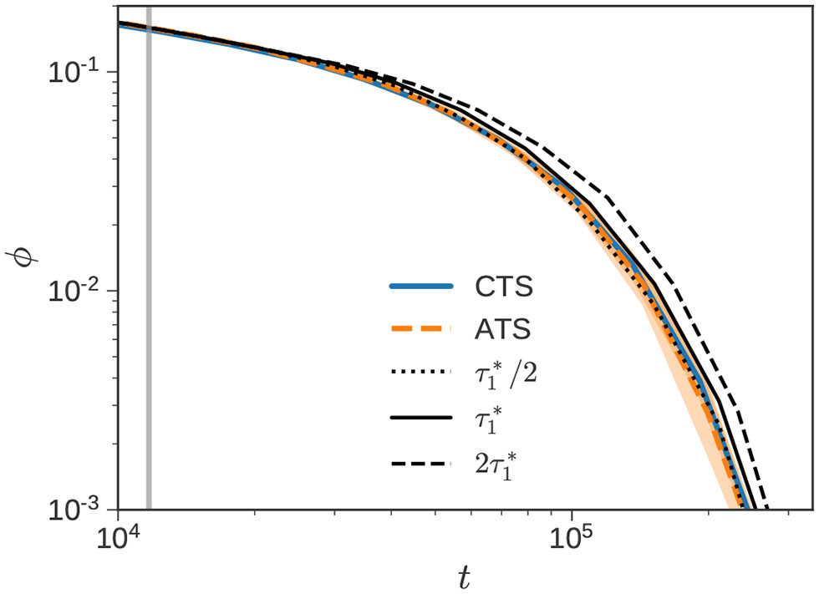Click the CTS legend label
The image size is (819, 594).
click(502, 287)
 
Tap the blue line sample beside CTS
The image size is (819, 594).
click(421, 287)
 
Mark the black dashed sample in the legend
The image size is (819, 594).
click(421, 461)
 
